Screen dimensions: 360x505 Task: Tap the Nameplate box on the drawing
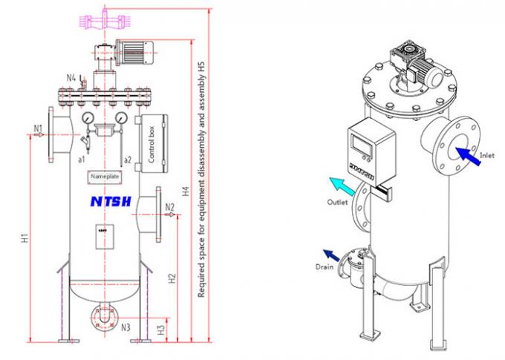pyautogui.click(x=104, y=177)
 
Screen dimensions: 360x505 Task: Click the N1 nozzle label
pyautogui.click(x=37, y=128)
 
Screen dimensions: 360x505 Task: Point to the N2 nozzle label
pyautogui.click(x=169, y=207)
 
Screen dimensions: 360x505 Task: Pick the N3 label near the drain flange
pyautogui.click(x=126, y=327)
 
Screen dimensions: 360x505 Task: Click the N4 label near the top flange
pyautogui.click(x=71, y=77)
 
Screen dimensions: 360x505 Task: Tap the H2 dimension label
pyautogui.click(x=172, y=279)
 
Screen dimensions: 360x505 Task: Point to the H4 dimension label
pyautogui.click(x=186, y=191)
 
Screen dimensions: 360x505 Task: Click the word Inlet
pyautogui.click(x=487, y=156)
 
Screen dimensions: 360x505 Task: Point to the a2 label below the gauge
pyautogui.click(x=127, y=159)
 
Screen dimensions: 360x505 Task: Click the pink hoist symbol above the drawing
pyautogui.click(x=105, y=20)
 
